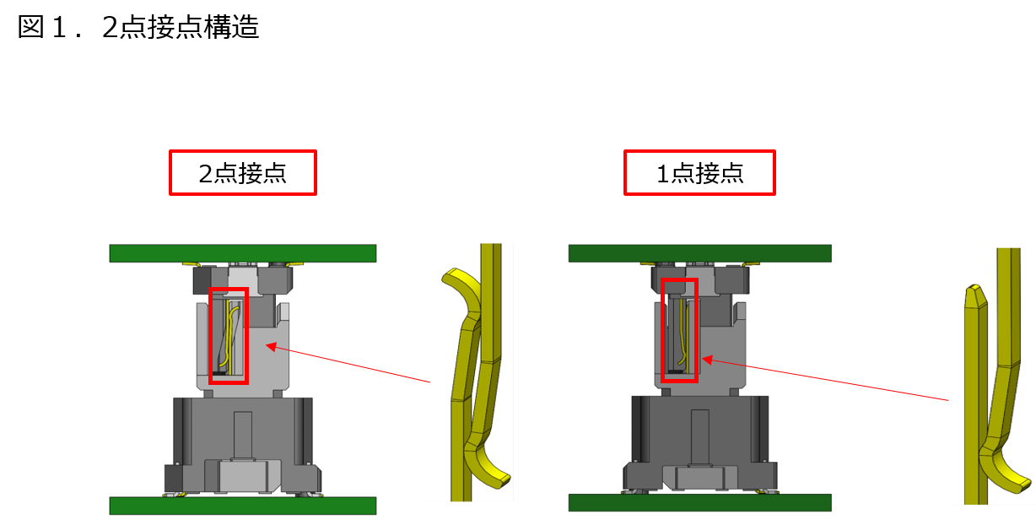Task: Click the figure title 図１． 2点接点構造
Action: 138,27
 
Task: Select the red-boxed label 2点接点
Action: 243,173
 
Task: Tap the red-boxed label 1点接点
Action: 699,173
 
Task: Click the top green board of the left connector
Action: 243,253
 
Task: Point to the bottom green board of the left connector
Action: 243,506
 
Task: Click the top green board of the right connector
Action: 699,253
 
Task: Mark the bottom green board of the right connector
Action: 699,502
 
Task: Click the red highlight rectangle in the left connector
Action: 209,336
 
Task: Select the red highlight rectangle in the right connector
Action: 661,330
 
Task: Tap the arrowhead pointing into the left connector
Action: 272,346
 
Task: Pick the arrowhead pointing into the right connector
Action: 708,360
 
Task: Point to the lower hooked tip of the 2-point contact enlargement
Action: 502,480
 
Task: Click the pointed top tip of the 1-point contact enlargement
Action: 974,289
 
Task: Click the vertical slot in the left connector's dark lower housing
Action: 243,435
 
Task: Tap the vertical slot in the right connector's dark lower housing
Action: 699,436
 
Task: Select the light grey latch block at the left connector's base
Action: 243,476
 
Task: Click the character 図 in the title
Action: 31,27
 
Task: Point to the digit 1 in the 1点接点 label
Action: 663,174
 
